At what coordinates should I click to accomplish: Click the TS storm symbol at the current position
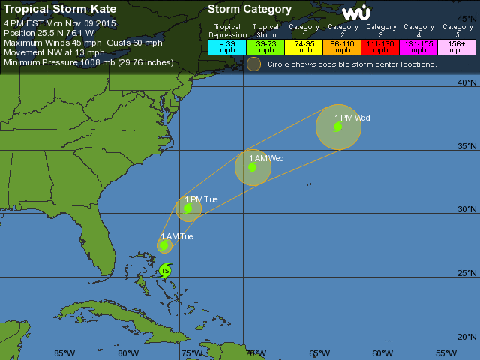pyautogui.click(x=165, y=270)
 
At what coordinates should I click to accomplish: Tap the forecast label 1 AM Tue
pyautogui.click(x=177, y=237)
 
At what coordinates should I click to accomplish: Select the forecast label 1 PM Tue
pyautogui.click(x=202, y=199)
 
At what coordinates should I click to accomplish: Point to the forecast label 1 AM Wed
pyautogui.click(x=266, y=158)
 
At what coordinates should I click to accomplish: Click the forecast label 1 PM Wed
pyautogui.click(x=352, y=118)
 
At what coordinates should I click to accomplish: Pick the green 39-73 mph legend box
pyautogui.click(x=265, y=46)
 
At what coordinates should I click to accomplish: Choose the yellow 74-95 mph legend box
pyautogui.click(x=304, y=46)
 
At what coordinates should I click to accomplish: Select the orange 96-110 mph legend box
pyautogui.click(x=343, y=46)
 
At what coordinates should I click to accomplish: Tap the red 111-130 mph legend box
pyautogui.click(x=381, y=46)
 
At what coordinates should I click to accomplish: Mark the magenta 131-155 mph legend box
pyautogui.click(x=419, y=46)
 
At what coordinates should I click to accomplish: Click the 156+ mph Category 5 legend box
pyautogui.click(x=456, y=46)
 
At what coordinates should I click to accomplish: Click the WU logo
pyautogui.click(x=356, y=12)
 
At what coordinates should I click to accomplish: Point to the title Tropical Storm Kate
pyautogui.click(x=60, y=10)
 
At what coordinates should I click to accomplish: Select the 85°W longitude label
pyautogui.click(x=64, y=352)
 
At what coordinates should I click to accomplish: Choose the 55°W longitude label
pyautogui.click(x=445, y=352)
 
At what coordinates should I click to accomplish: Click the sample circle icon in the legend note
pyautogui.click(x=254, y=64)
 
